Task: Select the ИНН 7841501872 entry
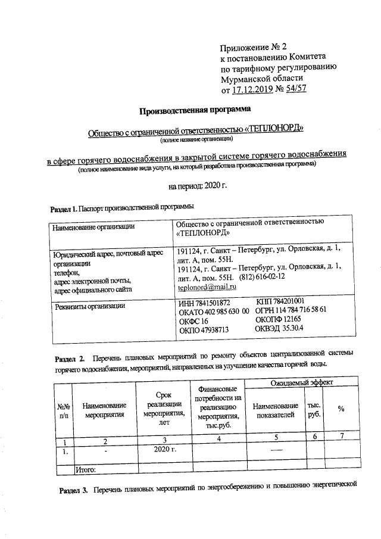204,303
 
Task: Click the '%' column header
341,409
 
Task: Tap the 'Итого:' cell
85,470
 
